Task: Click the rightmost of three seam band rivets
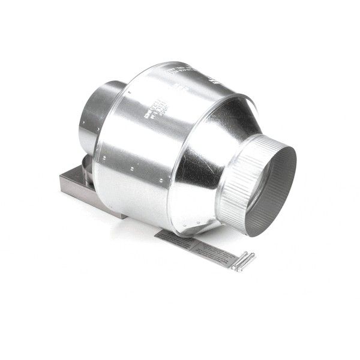click(x=161, y=179)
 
